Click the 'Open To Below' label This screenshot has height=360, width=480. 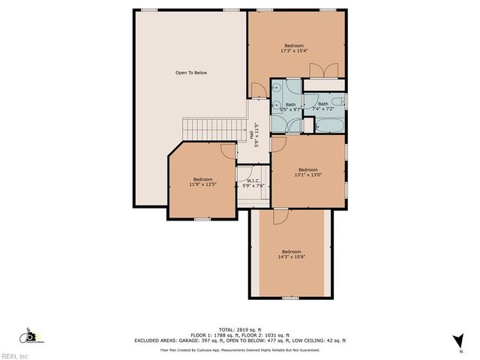(x=190, y=73)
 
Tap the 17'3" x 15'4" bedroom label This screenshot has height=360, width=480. (x=298, y=47)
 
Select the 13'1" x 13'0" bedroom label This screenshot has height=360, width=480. (x=308, y=172)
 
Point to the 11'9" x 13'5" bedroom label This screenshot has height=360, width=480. (x=202, y=182)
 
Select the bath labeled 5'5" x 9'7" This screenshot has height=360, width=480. (x=289, y=107)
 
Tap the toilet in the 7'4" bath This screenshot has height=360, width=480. (x=338, y=101)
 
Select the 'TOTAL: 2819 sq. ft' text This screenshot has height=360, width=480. (x=239, y=329)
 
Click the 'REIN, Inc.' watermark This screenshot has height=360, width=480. (x=14, y=355)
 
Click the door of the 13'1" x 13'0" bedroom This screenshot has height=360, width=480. (x=279, y=142)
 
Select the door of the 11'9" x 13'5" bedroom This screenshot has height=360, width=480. (x=227, y=150)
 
